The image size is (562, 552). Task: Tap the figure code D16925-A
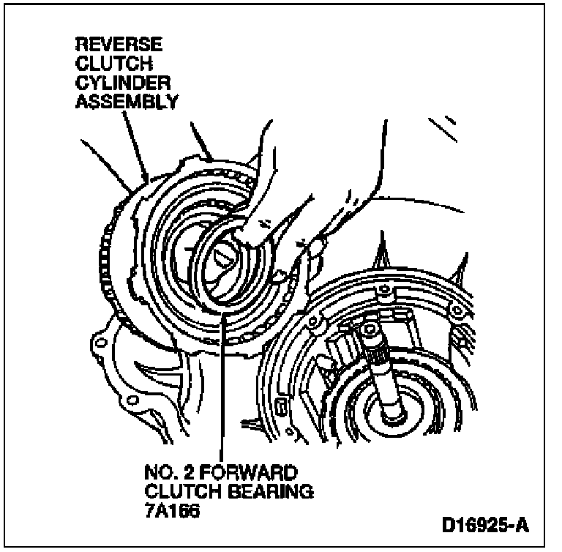coord(484,526)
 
